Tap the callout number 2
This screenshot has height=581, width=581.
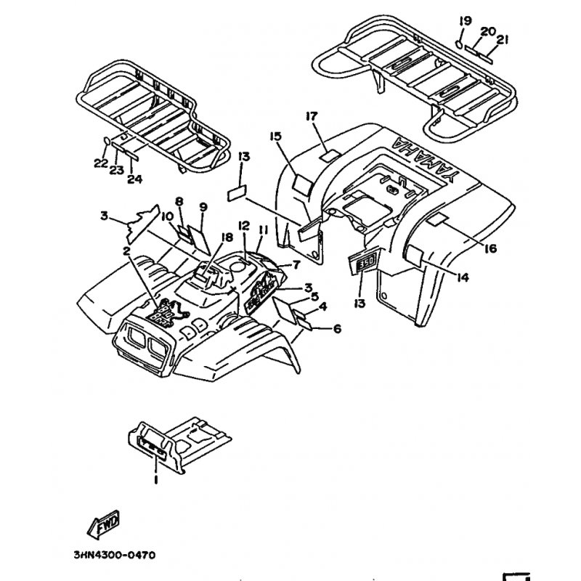click(126, 251)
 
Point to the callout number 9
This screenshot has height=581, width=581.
click(203, 207)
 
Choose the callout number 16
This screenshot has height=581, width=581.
click(490, 249)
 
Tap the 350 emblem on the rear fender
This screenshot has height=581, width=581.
click(365, 261)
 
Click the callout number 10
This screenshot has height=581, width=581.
click(166, 215)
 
